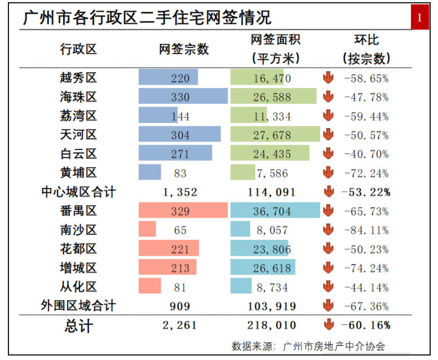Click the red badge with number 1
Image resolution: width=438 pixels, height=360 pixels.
(419, 17)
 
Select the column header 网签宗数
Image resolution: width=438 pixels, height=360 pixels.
(184, 49)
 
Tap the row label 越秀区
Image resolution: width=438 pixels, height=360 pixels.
(78, 78)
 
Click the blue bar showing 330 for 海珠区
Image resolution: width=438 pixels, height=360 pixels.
(183, 96)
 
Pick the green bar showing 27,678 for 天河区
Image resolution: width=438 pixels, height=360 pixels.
(275, 134)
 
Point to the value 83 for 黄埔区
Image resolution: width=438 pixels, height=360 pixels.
(180, 173)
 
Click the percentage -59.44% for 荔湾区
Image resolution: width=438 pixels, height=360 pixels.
(366, 116)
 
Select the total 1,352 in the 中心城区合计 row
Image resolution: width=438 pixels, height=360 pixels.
(180, 192)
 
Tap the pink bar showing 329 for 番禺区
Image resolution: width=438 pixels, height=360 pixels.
(183, 210)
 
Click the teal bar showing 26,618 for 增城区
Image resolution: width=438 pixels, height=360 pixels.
(263, 267)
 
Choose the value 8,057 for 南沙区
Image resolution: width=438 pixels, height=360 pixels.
(272, 230)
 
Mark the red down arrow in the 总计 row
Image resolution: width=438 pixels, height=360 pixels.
(329, 324)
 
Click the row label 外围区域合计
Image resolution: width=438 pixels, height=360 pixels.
(78, 305)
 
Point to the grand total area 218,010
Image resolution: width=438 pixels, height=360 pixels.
(272, 326)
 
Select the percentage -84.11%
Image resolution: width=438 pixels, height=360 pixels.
(366, 230)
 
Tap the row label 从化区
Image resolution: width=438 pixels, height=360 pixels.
(78, 287)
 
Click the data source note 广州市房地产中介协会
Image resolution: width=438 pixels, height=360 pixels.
(334, 346)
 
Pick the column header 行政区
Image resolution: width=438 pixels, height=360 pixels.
(78, 49)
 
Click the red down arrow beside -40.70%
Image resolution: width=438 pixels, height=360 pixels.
(328, 153)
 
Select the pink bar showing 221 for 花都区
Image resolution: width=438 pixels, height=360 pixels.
(169, 248)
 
